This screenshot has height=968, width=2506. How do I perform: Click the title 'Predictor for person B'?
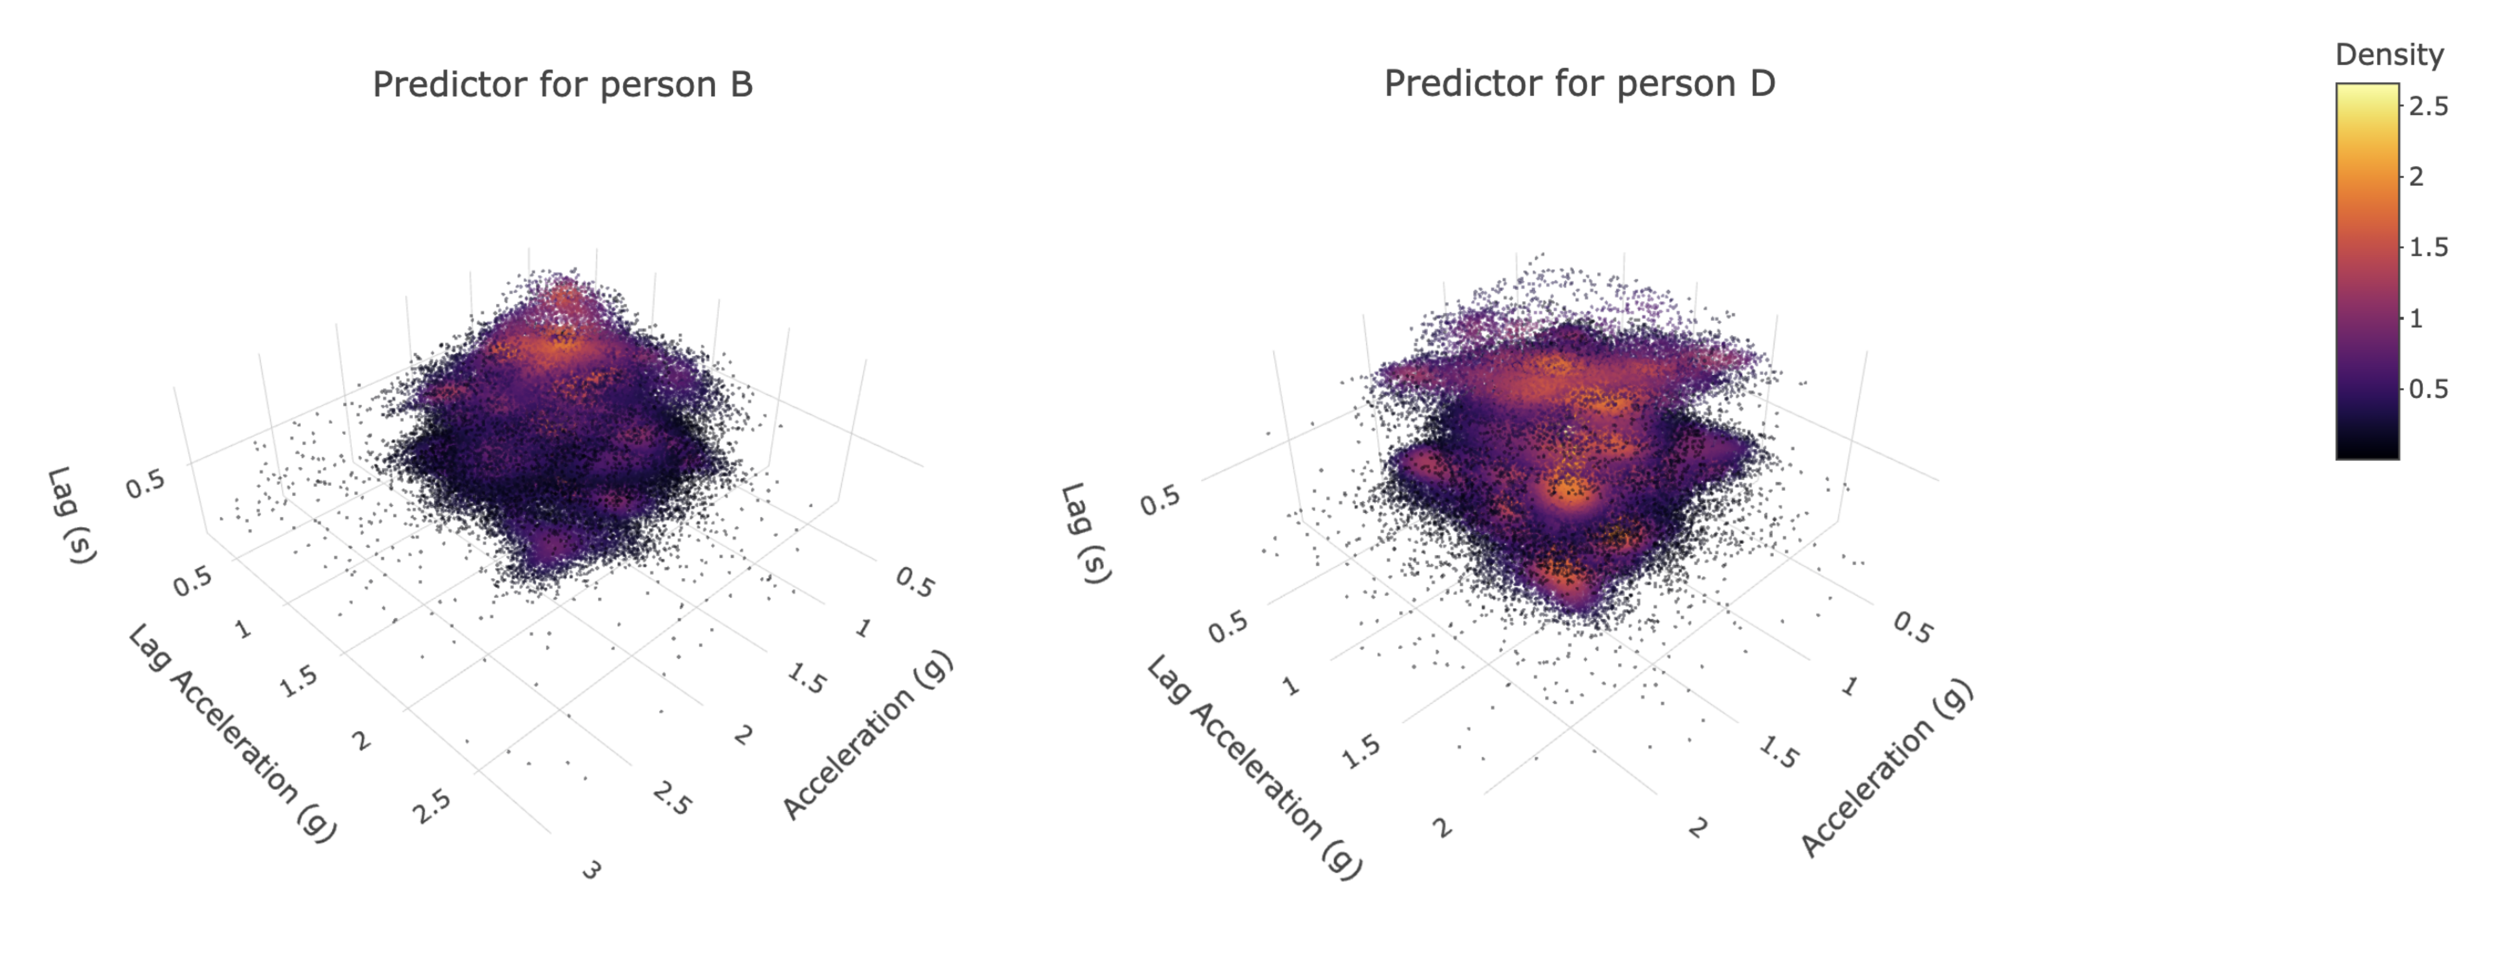tap(562, 85)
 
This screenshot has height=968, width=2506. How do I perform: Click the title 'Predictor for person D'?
tap(1579, 83)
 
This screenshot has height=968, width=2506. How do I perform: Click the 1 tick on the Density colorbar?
tap(2416, 318)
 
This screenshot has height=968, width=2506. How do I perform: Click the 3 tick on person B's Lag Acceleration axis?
tap(591, 870)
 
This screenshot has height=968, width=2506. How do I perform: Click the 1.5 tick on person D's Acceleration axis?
tap(1779, 752)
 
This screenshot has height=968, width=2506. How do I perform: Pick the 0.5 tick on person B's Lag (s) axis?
tap(146, 483)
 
